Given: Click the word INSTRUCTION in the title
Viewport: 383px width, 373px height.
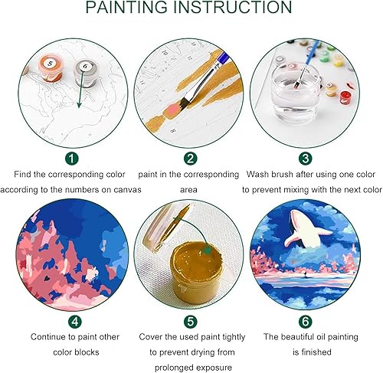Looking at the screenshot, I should click(238, 8).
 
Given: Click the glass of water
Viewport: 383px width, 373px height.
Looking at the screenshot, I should click(292, 100).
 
